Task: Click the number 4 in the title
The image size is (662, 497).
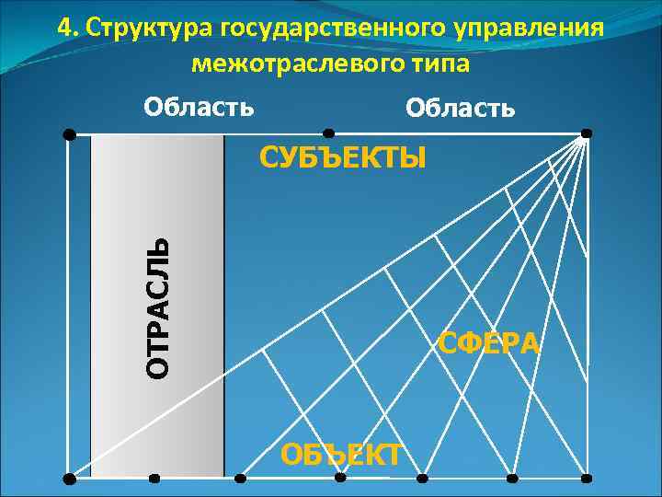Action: click(x=63, y=28)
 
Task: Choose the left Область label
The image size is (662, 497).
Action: click(x=199, y=107)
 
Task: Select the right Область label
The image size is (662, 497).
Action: click(x=461, y=109)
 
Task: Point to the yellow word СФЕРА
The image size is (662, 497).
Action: click(x=489, y=342)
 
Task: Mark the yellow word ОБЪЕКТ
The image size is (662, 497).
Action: click(x=341, y=454)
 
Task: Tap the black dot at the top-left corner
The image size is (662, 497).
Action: click(x=69, y=134)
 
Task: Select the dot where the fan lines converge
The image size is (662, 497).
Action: click(x=586, y=134)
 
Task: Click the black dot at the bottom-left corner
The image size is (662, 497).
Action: click(x=69, y=479)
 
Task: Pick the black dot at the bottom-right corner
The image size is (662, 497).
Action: click(x=587, y=479)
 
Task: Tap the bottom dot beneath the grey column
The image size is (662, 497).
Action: click(x=154, y=479)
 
